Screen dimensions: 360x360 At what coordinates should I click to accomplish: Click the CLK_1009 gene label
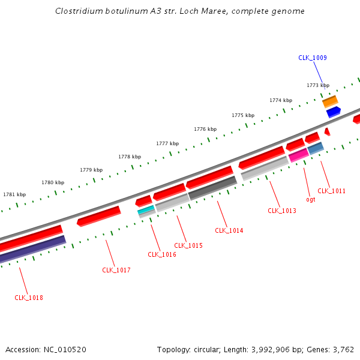pyautogui.click(x=312, y=58)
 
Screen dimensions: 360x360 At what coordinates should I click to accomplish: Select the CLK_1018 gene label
pyautogui.click(x=29, y=298)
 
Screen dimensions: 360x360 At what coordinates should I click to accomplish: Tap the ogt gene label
pyautogui.click(x=310, y=199)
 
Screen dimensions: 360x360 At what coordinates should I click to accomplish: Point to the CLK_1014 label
pyautogui.click(x=229, y=230)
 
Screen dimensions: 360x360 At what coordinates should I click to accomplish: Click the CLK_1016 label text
pyautogui.click(x=162, y=254)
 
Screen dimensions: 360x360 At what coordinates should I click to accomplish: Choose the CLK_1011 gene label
pyautogui.click(x=331, y=191)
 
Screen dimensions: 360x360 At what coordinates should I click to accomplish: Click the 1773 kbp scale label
pyautogui.click(x=318, y=85)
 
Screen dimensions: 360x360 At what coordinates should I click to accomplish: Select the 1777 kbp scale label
pyautogui.click(x=167, y=143)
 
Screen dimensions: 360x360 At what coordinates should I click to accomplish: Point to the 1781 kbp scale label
pyautogui.click(x=14, y=194)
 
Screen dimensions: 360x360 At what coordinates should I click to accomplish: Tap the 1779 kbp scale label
pyautogui.click(x=91, y=170)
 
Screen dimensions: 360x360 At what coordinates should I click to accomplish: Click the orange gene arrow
pyautogui.click(x=330, y=101)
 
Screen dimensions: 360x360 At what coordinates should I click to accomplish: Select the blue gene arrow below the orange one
pyautogui.click(x=334, y=112)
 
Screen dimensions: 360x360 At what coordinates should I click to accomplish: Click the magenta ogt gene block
pyautogui.click(x=298, y=155)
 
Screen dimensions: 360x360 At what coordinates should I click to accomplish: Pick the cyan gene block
pyautogui.click(x=146, y=209)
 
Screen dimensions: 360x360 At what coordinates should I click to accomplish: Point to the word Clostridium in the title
pyautogui.click(x=77, y=11)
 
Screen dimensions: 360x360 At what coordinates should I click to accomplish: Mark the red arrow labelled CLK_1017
pyautogui.click(x=99, y=215)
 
